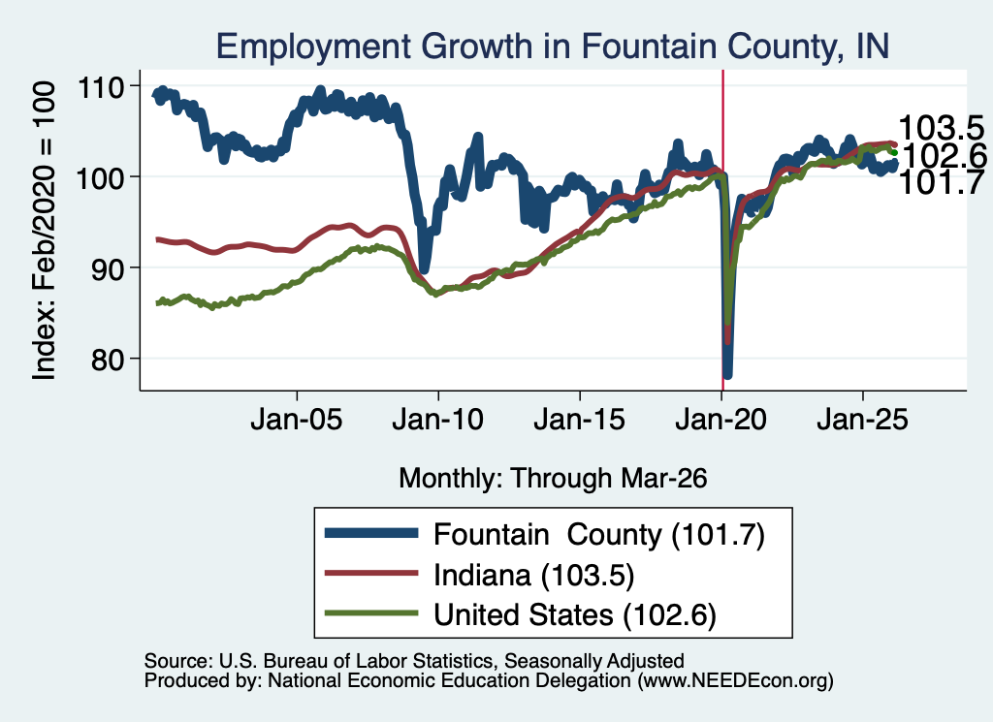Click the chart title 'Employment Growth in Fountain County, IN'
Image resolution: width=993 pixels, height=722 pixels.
tap(552, 46)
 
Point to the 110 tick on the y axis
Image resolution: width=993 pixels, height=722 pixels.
tap(100, 86)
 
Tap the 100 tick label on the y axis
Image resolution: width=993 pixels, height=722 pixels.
tap(100, 177)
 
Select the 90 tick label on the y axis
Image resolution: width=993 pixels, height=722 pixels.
tap(107, 268)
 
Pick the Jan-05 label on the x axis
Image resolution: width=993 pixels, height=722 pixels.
tap(297, 420)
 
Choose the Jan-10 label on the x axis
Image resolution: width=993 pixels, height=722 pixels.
tap(437, 420)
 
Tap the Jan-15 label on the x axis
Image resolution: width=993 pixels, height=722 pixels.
tap(580, 420)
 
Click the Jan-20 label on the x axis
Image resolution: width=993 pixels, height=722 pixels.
tap(721, 420)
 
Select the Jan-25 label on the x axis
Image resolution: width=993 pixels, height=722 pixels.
tap(862, 420)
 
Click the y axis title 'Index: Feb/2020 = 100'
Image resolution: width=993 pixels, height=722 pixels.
tap(45, 231)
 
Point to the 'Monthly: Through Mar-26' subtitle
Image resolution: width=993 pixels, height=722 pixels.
tap(553, 479)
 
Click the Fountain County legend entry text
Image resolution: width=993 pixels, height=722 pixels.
tap(599, 535)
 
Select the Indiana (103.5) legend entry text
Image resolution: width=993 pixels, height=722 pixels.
tap(534, 576)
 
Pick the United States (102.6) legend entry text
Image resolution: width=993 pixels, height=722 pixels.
tap(575, 614)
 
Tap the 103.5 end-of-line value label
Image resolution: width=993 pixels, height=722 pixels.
tap(941, 128)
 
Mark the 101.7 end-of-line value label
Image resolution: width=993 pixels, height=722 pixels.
tap(941, 182)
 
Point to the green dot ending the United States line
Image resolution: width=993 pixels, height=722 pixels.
tap(894, 152)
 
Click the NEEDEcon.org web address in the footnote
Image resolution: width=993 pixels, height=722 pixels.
tap(735, 681)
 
